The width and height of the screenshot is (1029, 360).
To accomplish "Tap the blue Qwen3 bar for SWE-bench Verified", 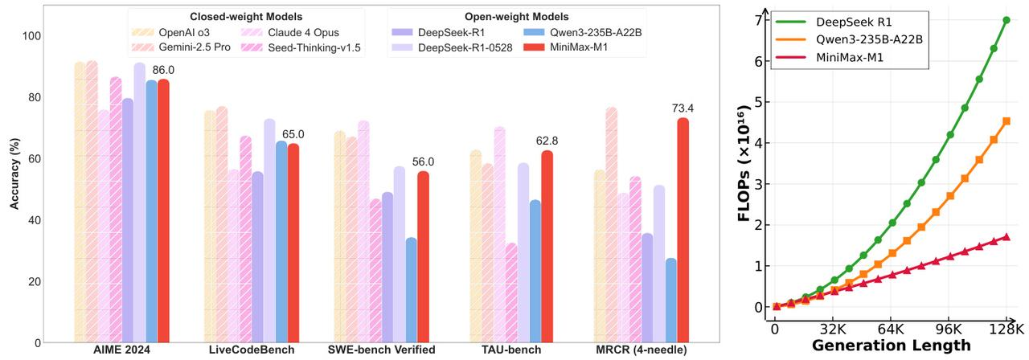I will click(x=412, y=290).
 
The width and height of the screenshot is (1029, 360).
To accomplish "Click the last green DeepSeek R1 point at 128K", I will click(x=1006, y=20).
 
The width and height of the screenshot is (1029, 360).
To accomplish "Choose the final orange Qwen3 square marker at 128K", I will click(x=1006, y=121).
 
